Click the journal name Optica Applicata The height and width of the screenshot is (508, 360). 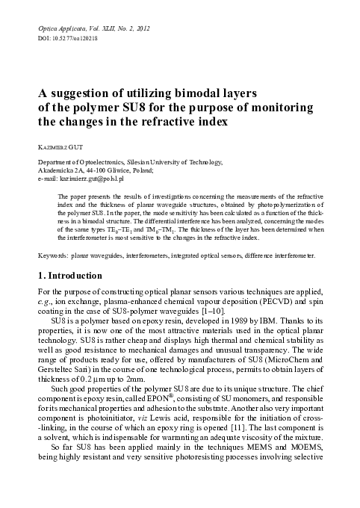click(x=63, y=28)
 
